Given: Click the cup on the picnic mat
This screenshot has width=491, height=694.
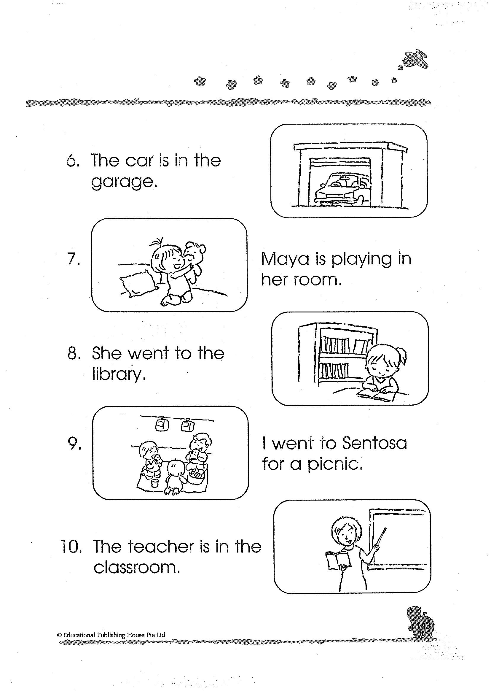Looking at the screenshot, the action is click(x=155, y=483).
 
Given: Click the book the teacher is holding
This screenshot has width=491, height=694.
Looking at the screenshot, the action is click(x=338, y=559).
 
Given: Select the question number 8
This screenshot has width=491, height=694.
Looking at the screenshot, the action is click(x=73, y=353).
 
